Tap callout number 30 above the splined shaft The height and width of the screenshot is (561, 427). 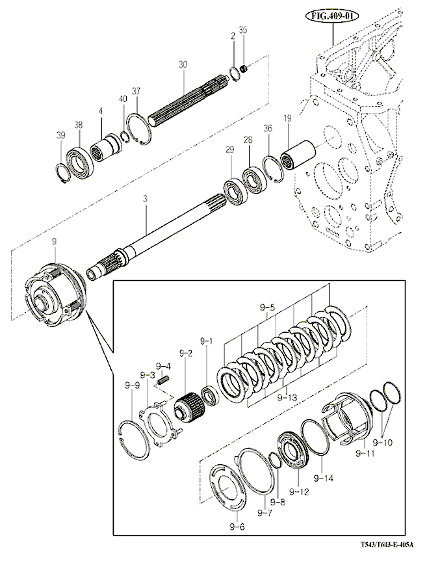(183, 64)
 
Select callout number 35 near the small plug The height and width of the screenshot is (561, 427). (243, 30)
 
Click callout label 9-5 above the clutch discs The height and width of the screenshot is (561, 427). (268, 306)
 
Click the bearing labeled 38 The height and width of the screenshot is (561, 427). (83, 160)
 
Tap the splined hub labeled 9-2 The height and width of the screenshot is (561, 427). (187, 408)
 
